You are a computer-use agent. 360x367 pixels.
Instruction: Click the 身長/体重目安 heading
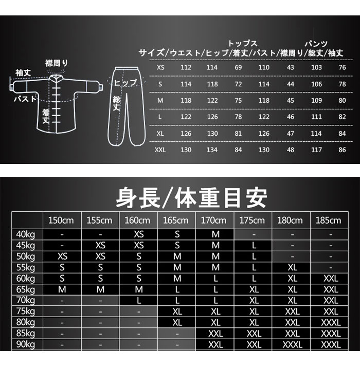pos(191,198)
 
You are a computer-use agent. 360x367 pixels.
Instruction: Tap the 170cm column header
pos(213,221)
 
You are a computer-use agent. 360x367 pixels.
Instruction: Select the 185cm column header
pos(329,221)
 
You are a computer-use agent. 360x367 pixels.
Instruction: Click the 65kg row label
pos(26,290)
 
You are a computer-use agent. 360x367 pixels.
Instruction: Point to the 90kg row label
pos(26,344)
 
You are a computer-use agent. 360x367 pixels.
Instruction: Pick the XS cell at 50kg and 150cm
pos(62,256)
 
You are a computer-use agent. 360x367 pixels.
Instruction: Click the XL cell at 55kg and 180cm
pos(292,267)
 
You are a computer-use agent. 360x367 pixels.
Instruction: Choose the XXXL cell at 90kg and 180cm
pos(292,345)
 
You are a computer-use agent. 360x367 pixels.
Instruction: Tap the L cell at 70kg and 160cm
pos(139,301)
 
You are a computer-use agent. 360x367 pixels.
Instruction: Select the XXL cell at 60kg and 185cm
pos(331,279)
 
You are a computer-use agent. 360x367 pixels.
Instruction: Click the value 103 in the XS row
pos(316,67)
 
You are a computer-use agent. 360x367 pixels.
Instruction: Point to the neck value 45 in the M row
pos(291,100)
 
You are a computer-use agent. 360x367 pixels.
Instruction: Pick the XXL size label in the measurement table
pos(160,150)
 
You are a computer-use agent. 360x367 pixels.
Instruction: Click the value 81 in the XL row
pos(238,134)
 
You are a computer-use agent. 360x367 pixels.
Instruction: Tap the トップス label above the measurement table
pos(242,44)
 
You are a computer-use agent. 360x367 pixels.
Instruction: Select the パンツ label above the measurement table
pos(316,44)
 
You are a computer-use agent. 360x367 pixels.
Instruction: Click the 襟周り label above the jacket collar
pos(57,63)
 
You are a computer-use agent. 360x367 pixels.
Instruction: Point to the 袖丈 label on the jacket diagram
pos(23,73)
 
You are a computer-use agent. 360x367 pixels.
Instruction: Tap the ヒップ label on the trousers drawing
pos(125,82)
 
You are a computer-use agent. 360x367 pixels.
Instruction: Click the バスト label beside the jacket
pos(25,99)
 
